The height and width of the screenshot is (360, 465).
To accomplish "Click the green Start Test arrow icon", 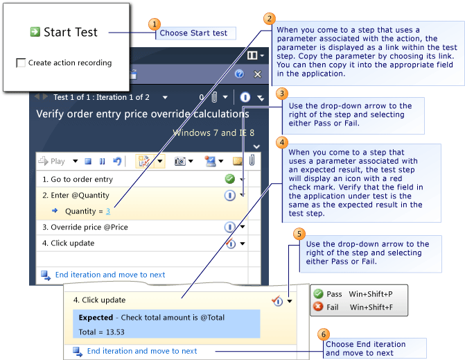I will (x=35, y=32).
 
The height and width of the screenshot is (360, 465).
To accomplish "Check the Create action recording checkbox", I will (x=21, y=63).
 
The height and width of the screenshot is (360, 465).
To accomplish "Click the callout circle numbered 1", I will (x=155, y=24).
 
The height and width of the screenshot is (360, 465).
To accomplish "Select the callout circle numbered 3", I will (x=281, y=93).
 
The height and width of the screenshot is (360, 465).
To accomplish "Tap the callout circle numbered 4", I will (x=281, y=142).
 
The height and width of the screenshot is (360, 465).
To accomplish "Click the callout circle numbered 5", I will (x=299, y=234).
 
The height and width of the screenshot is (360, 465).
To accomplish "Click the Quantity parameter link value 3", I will (x=108, y=212).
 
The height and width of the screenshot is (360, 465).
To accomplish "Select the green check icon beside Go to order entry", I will (x=229, y=179).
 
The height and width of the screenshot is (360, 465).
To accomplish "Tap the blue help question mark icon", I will (x=240, y=74).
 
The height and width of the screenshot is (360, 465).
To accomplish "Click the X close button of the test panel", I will (x=257, y=74).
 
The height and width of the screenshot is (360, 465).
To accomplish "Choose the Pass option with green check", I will (x=334, y=294).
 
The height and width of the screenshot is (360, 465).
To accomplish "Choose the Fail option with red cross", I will (x=333, y=307).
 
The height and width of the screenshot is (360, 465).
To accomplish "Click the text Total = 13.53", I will (x=102, y=332).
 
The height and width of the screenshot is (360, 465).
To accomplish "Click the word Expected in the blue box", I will (x=96, y=318).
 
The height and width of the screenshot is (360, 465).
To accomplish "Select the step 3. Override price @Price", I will (x=89, y=227).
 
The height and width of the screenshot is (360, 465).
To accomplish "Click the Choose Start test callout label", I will (x=193, y=33).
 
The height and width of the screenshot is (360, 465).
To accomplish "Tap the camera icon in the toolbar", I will (x=180, y=161).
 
